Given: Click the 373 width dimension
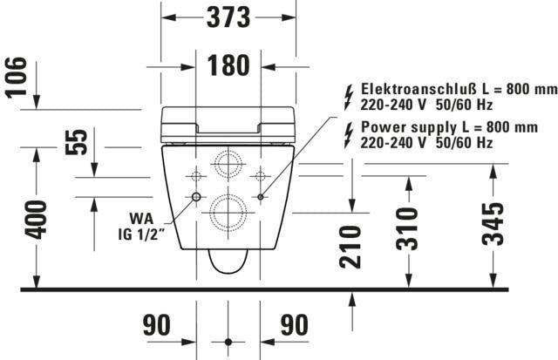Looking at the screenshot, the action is pyautogui.click(x=228, y=17).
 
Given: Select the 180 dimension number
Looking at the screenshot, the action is pyautogui.click(x=228, y=65).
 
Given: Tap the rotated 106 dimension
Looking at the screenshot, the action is pyautogui.click(x=17, y=77).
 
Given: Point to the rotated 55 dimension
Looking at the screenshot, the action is pyautogui.click(x=76, y=142).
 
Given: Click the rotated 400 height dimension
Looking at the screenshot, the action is pyautogui.click(x=36, y=220).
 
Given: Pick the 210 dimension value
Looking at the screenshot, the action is pyautogui.click(x=350, y=247).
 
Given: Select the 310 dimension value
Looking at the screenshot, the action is pyautogui.click(x=407, y=228).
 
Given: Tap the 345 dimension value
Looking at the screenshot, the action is pyautogui.click(x=493, y=224).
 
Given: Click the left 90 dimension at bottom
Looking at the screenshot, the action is pyautogui.click(x=157, y=325).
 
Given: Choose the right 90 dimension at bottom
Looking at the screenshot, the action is pyautogui.click(x=295, y=325).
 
